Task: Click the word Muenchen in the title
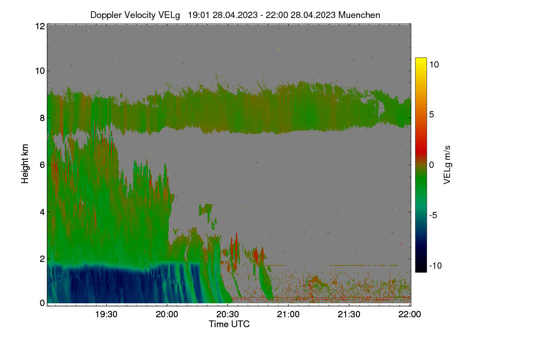pos(359,15)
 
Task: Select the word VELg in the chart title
pos(169,15)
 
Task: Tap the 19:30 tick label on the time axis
pos(106,314)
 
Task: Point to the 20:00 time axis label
pos(167,314)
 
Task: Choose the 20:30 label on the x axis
pos(228,314)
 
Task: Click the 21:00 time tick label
pos(288,314)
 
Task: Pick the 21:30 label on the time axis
pos(349,314)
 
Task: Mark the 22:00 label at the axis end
pos(409,314)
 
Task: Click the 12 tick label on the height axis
pos(40,26)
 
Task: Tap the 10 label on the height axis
pos(40,71)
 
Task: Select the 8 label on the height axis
pos(42,118)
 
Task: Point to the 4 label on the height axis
pos(42,212)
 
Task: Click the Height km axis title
pos(25,164)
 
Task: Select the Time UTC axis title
pos(229,324)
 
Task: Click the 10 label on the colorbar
pos(434,65)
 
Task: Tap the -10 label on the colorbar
pos(436,265)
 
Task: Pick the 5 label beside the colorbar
pos(432,115)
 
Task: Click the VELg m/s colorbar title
pos(447,165)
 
